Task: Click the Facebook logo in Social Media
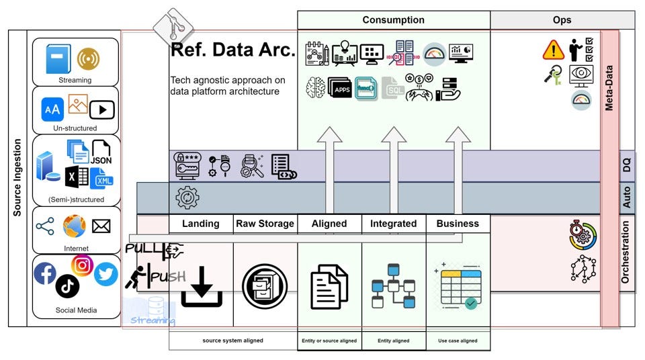tap(45, 273)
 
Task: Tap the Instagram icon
tap(82, 265)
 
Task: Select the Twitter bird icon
tap(105, 273)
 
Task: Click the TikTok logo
tap(68, 286)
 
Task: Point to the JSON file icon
tap(101, 152)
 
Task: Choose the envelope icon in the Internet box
tap(101, 226)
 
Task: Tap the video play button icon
tap(103, 109)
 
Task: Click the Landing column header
tap(201, 224)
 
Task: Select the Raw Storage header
tap(265, 224)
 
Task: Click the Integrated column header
tap(394, 224)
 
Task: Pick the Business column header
tap(458, 224)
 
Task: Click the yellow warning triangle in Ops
tap(554, 50)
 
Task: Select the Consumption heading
tap(393, 20)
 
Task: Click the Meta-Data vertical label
tap(609, 87)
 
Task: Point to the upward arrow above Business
tap(458, 168)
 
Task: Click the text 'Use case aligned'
tap(458, 341)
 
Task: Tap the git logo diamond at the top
tap(173, 28)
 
